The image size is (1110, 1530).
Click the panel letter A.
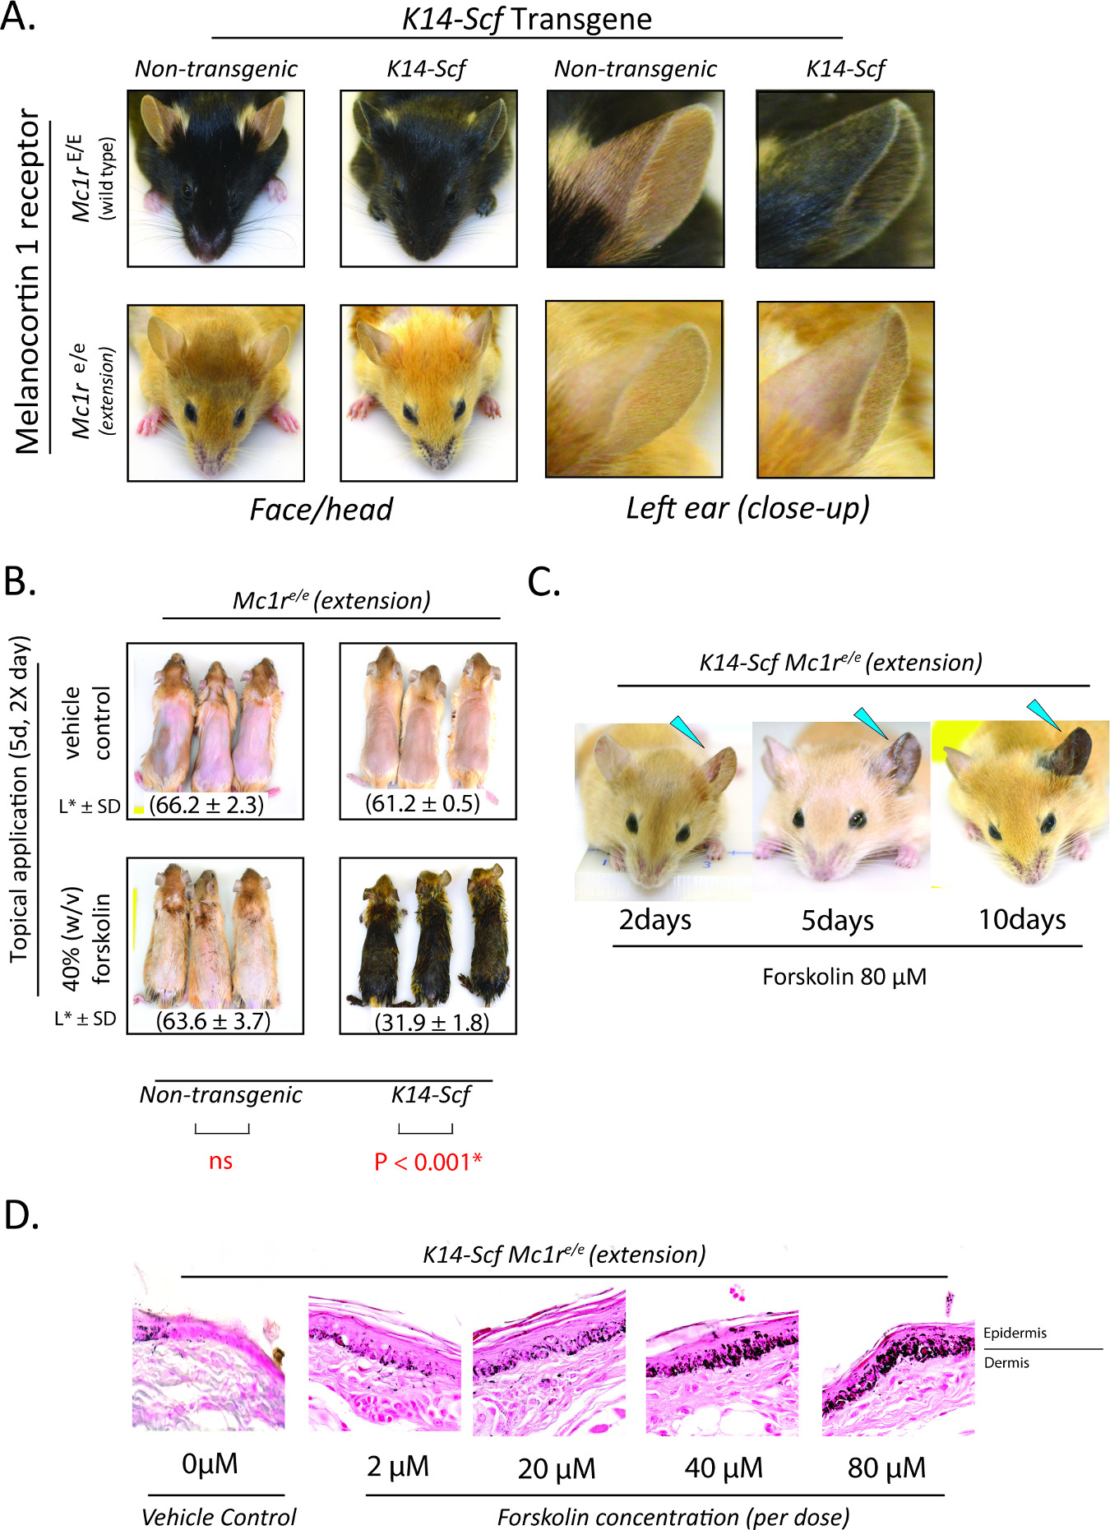[x=17, y=16]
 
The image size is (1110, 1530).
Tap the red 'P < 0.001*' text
[x=428, y=1161]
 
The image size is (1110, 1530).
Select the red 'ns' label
[x=220, y=1161]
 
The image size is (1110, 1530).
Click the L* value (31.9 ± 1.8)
[x=432, y=1022]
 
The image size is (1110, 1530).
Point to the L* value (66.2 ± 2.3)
[x=206, y=804]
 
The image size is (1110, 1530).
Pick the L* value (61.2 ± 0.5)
[x=423, y=802]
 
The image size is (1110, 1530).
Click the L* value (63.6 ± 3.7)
[x=213, y=1021]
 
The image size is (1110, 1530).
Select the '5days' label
[x=837, y=920]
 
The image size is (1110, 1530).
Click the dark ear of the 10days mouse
[x=1075, y=750]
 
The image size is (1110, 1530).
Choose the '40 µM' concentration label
[x=724, y=1468]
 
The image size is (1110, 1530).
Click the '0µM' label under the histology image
[x=210, y=1464]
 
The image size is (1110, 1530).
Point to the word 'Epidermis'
[x=1015, y=1333]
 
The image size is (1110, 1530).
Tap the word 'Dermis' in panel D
[x=1006, y=1362]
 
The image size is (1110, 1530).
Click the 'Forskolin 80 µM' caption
[x=844, y=977]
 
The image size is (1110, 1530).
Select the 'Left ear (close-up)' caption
[x=747, y=509]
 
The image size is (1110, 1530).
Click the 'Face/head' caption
[x=321, y=510]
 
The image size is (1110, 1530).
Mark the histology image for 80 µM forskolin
[x=898, y=1368]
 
